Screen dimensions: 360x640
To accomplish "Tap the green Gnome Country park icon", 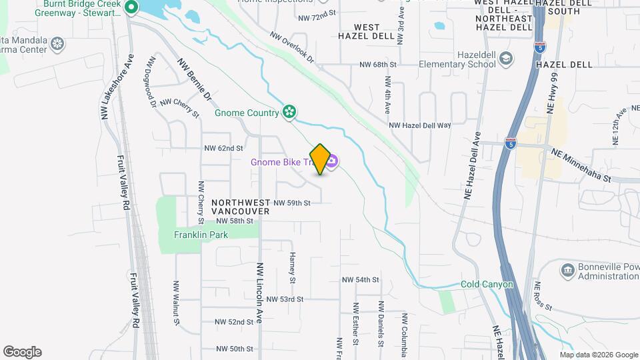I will [x=289, y=112].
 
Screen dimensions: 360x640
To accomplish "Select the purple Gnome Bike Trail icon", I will [x=332, y=162].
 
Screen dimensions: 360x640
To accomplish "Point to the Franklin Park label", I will [x=201, y=235].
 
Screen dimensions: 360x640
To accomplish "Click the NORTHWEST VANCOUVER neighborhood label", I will [x=240, y=206].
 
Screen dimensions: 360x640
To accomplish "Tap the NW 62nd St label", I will [x=223, y=148].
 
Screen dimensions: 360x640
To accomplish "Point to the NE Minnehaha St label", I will [x=581, y=166].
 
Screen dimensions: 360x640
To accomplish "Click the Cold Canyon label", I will [x=487, y=285].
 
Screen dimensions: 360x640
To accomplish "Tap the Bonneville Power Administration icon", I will [x=567, y=269].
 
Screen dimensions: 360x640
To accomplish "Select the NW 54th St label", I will [x=360, y=280].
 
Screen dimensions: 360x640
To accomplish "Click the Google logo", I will [x=22, y=352].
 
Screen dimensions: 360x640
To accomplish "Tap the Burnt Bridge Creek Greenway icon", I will [x=131, y=8].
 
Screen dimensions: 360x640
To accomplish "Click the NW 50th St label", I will [x=235, y=349].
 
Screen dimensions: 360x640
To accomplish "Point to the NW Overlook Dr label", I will [x=291, y=47].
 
